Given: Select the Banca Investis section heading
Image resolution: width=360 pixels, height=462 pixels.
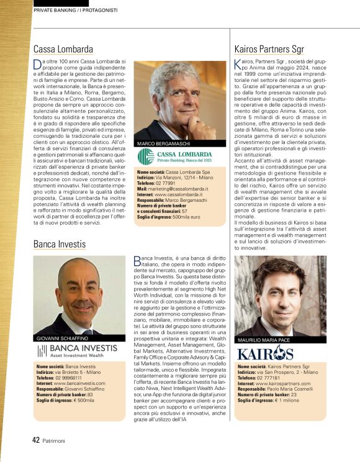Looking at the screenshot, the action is pos(60,244).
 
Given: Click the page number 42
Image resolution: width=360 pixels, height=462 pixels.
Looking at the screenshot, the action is pos(36,440).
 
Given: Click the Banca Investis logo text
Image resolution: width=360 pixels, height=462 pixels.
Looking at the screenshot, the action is pos(86,349).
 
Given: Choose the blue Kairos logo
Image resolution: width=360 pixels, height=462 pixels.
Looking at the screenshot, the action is pos(266,354).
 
